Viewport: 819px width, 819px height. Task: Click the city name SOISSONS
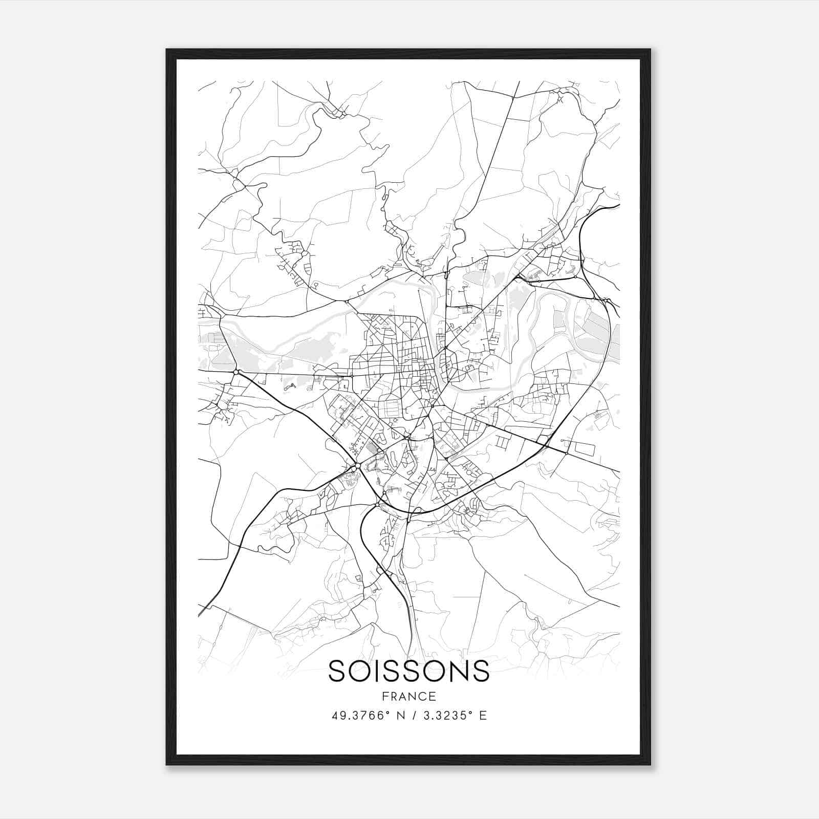(x=408, y=671)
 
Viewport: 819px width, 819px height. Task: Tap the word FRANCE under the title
(x=408, y=697)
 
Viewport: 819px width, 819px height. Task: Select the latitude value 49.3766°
(x=358, y=716)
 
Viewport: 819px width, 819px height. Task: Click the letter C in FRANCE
(x=422, y=697)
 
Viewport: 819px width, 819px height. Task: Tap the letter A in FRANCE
(x=403, y=697)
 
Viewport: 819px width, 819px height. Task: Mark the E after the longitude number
(x=483, y=716)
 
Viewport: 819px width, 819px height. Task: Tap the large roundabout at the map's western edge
(x=236, y=372)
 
